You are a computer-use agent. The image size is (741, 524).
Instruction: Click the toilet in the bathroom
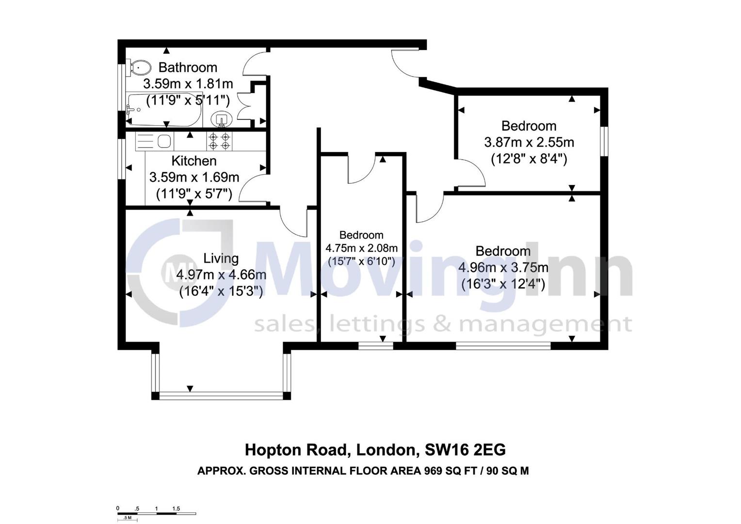coord(139,68)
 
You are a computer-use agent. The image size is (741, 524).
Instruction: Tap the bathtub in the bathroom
coord(164,109)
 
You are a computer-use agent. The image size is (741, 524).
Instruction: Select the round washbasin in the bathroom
coord(222,118)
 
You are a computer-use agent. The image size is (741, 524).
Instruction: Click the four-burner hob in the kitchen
coord(219,141)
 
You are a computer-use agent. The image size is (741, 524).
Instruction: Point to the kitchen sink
coord(164,141)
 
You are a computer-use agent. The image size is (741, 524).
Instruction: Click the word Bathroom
coord(188,67)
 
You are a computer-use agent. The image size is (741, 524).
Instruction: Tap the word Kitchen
coord(194,161)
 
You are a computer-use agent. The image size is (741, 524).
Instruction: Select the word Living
coord(221,258)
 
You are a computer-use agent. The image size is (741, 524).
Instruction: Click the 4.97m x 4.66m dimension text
coord(221,275)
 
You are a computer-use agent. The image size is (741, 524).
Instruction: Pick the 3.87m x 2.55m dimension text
coord(529,142)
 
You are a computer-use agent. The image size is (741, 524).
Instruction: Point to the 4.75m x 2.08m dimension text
coord(361,248)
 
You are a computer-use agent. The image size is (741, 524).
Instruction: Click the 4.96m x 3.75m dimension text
coord(503,267)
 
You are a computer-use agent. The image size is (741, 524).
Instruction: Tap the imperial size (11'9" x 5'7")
coord(194,194)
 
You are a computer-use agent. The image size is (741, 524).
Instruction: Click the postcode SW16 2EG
coord(465,450)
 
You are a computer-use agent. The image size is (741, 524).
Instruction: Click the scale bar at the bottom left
coord(156,513)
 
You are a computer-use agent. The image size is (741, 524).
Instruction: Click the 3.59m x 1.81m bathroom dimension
coord(188,84)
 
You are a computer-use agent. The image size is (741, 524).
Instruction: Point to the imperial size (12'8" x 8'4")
coord(529,159)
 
